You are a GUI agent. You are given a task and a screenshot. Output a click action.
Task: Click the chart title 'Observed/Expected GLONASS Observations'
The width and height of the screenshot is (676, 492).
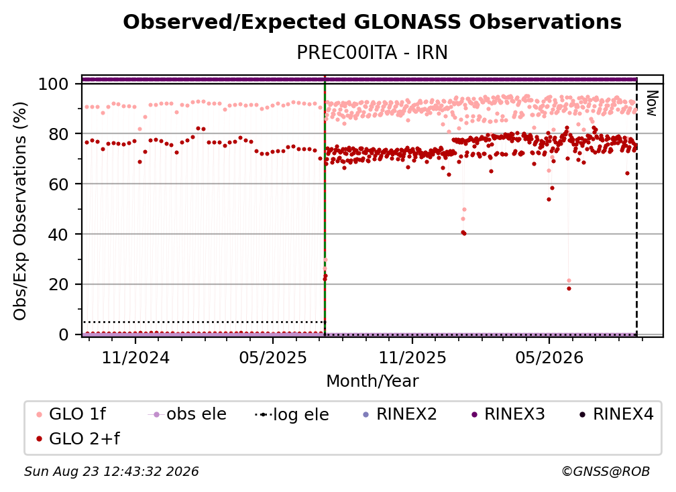click(x=372, y=22)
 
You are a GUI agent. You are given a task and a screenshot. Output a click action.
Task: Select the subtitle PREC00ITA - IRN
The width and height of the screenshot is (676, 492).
click(x=372, y=52)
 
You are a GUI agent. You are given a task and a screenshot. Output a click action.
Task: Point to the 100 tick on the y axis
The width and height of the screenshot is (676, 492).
click(x=54, y=84)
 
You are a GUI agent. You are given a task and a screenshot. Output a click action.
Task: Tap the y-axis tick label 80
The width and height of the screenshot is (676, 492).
click(x=58, y=134)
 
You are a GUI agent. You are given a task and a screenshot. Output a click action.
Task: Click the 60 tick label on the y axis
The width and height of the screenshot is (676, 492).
click(x=58, y=184)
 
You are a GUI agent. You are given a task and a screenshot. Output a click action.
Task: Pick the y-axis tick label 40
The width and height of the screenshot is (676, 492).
click(x=58, y=235)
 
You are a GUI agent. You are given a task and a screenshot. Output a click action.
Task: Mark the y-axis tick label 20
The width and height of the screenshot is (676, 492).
click(x=58, y=285)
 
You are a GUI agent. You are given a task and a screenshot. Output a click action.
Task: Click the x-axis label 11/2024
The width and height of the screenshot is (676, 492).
click(x=135, y=357)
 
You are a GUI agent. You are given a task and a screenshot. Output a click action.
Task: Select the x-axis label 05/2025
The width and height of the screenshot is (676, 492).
click(x=273, y=357)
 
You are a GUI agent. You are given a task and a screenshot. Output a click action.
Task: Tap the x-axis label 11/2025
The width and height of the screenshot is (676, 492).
click(x=412, y=357)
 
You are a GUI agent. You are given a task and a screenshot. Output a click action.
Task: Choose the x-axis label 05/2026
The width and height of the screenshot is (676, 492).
click(x=549, y=357)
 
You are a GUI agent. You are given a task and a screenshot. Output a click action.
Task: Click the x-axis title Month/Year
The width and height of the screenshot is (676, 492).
click(x=372, y=381)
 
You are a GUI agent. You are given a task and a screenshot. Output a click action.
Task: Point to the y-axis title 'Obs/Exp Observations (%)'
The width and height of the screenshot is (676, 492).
click(x=20, y=210)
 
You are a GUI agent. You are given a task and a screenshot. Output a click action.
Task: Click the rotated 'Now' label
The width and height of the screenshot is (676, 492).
click(x=651, y=103)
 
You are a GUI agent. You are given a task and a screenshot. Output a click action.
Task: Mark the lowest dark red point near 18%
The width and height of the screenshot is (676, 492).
click(x=569, y=289)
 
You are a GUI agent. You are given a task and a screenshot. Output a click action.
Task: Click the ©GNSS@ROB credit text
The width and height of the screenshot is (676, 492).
click(x=606, y=471)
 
